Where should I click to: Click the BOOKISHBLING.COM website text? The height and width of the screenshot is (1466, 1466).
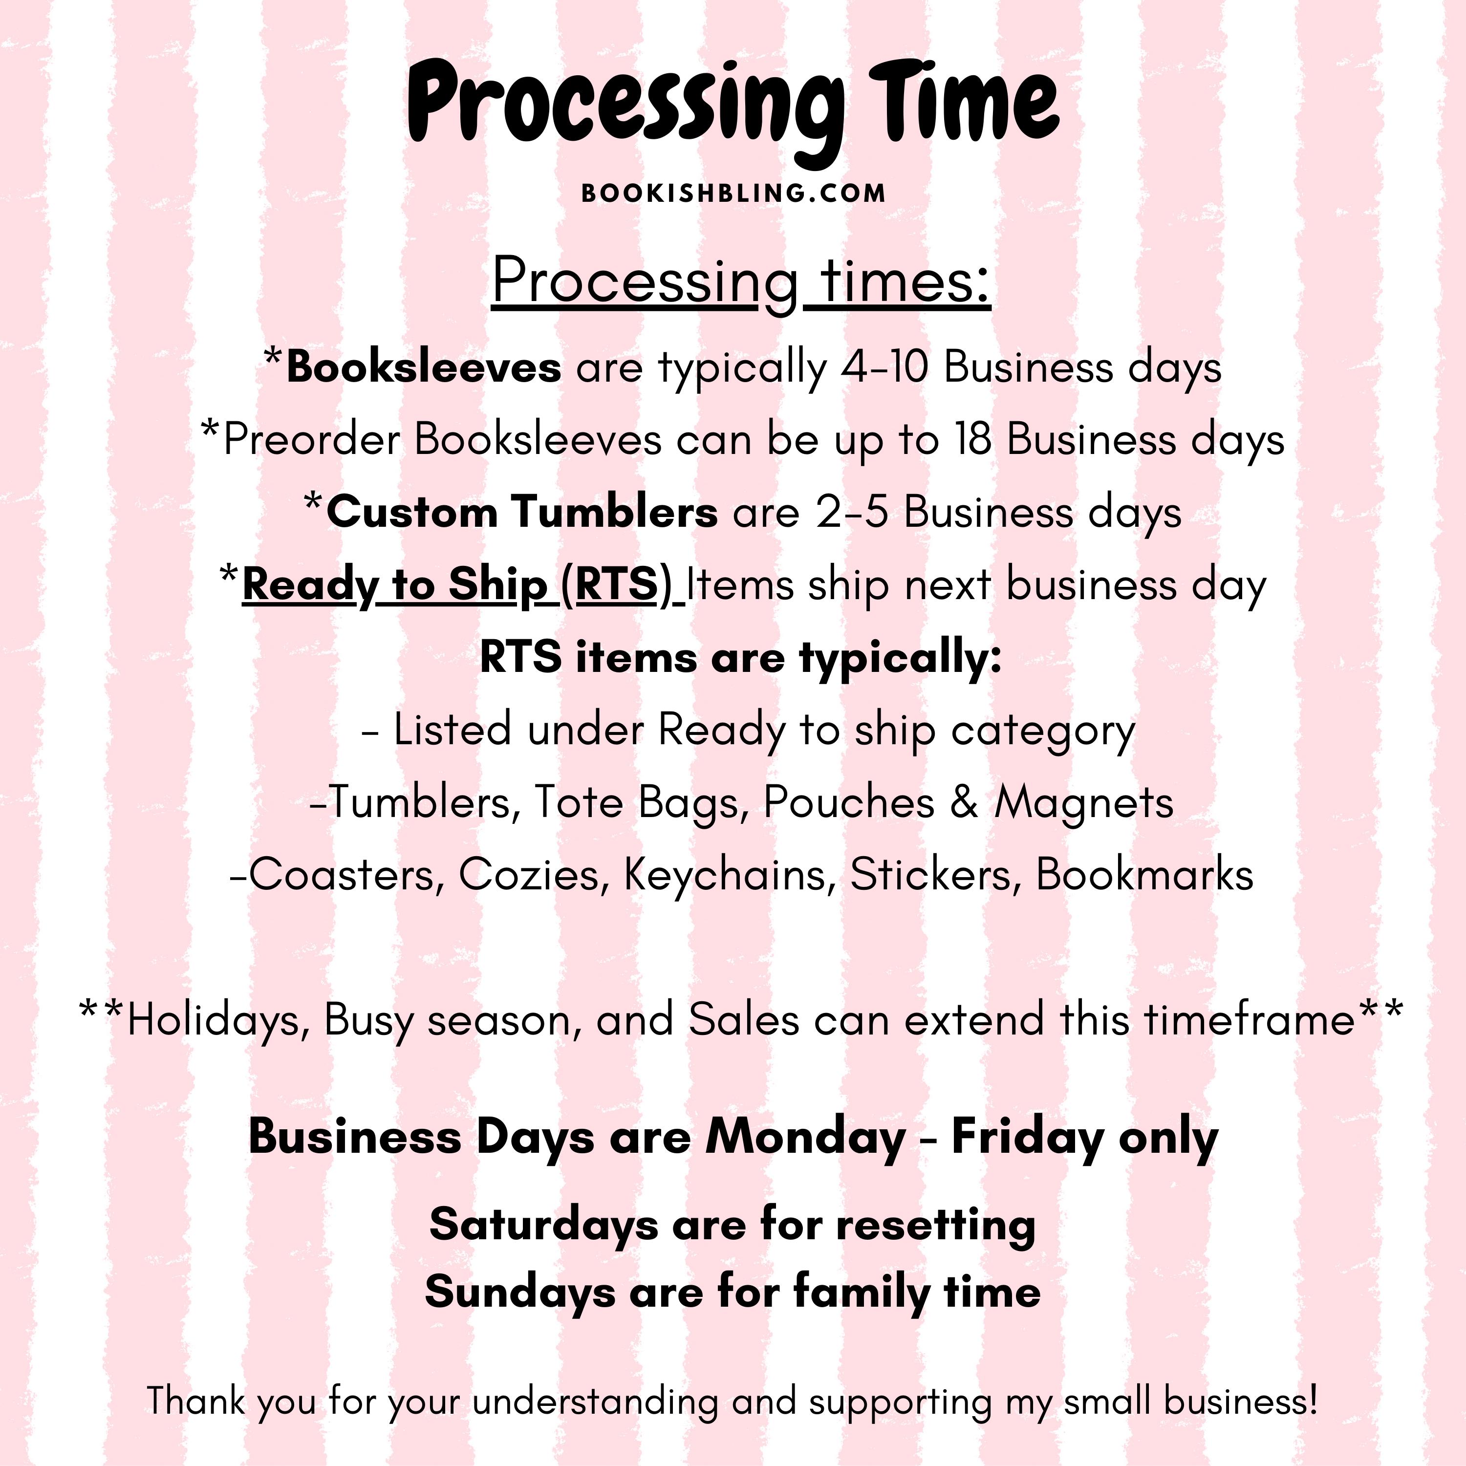pos(733,194)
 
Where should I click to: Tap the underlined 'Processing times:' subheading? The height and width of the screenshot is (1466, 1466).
pos(741,283)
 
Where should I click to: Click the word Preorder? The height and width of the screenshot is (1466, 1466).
pos(312,440)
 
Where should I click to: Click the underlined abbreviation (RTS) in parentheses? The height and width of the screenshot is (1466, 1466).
pos(617,586)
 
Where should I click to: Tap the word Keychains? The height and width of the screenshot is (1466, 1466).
pos(724,875)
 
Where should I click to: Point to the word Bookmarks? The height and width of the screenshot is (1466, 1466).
pos(1145,875)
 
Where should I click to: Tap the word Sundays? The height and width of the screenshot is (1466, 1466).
pos(520,1292)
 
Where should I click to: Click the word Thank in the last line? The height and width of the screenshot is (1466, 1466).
pos(196,1400)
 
